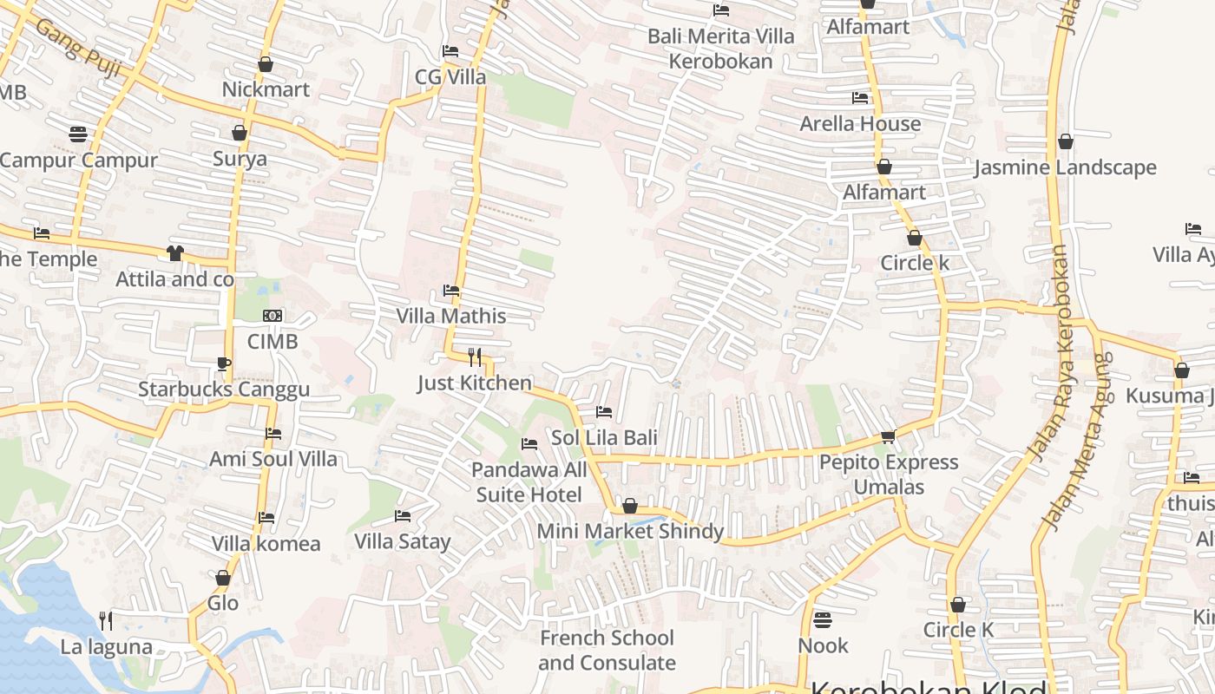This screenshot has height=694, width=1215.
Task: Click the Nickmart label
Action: [x=266, y=89]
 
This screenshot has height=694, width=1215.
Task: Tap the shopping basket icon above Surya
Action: [x=240, y=133]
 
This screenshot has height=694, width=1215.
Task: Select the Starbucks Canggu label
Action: [x=224, y=389]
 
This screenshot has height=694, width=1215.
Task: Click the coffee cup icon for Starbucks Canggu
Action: [x=224, y=363]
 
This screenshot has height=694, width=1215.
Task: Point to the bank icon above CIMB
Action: [x=273, y=317]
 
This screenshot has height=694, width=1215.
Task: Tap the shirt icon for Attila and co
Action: [x=175, y=253]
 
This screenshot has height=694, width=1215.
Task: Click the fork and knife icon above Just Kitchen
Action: [x=475, y=357]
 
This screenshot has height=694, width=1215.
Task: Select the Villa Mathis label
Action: [x=451, y=316]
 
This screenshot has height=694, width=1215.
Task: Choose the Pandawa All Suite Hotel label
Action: [x=529, y=482]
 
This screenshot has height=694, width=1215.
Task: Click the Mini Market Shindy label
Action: [x=630, y=531]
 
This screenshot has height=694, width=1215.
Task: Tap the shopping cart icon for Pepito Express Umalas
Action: [x=888, y=436]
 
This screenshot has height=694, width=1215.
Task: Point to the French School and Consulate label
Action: [x=607, y=651]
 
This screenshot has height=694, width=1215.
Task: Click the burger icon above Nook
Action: [x=823, y=620]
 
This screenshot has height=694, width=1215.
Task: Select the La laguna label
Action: [x=106, y=646]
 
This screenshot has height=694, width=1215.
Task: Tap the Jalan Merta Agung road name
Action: [x=1076, y=442]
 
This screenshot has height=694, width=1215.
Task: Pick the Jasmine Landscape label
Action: [x=1065, y=167]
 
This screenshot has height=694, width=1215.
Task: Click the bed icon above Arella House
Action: [x=860, y=98]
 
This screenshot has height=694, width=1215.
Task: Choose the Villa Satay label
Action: [x=403, y=542]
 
